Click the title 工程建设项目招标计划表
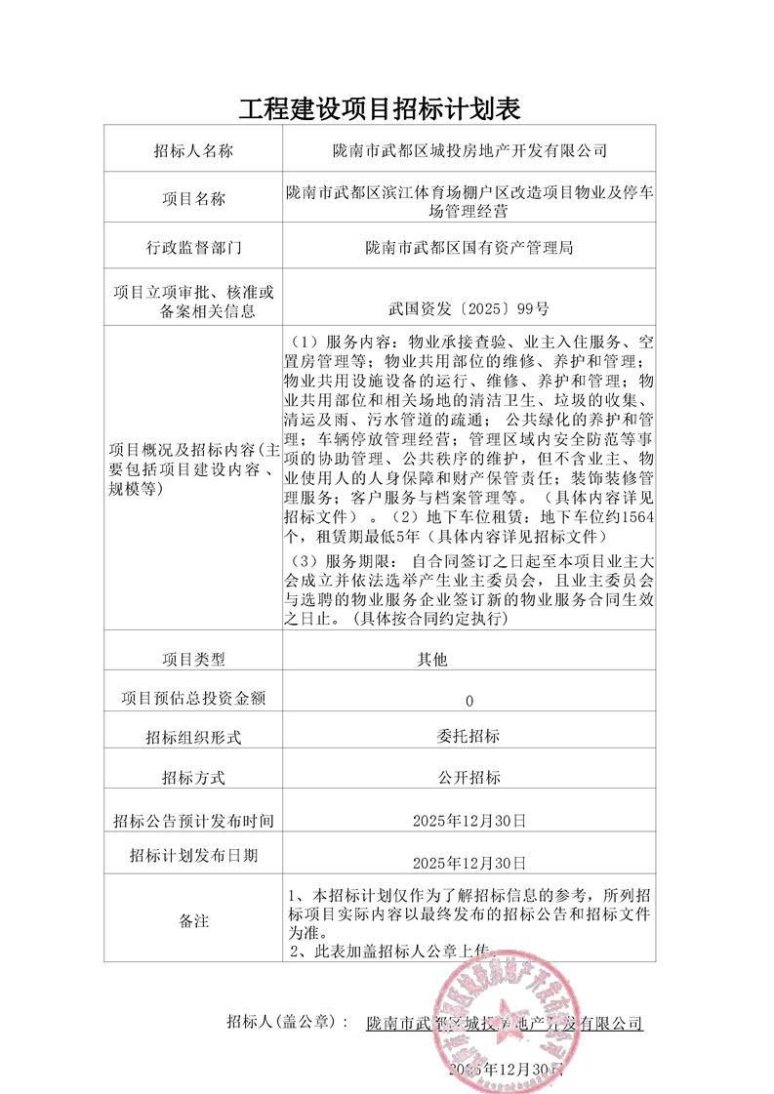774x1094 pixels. coord(387,106)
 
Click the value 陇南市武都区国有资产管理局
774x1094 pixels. coord(468,248)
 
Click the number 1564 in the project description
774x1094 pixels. coord(638,516)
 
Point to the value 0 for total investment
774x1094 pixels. coord(469,701)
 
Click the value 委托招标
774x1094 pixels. coord(468,738)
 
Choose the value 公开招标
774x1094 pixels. coord(468,778)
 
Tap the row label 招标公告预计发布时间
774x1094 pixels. coord(193,819)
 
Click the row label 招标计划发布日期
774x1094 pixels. coord(193,856)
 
